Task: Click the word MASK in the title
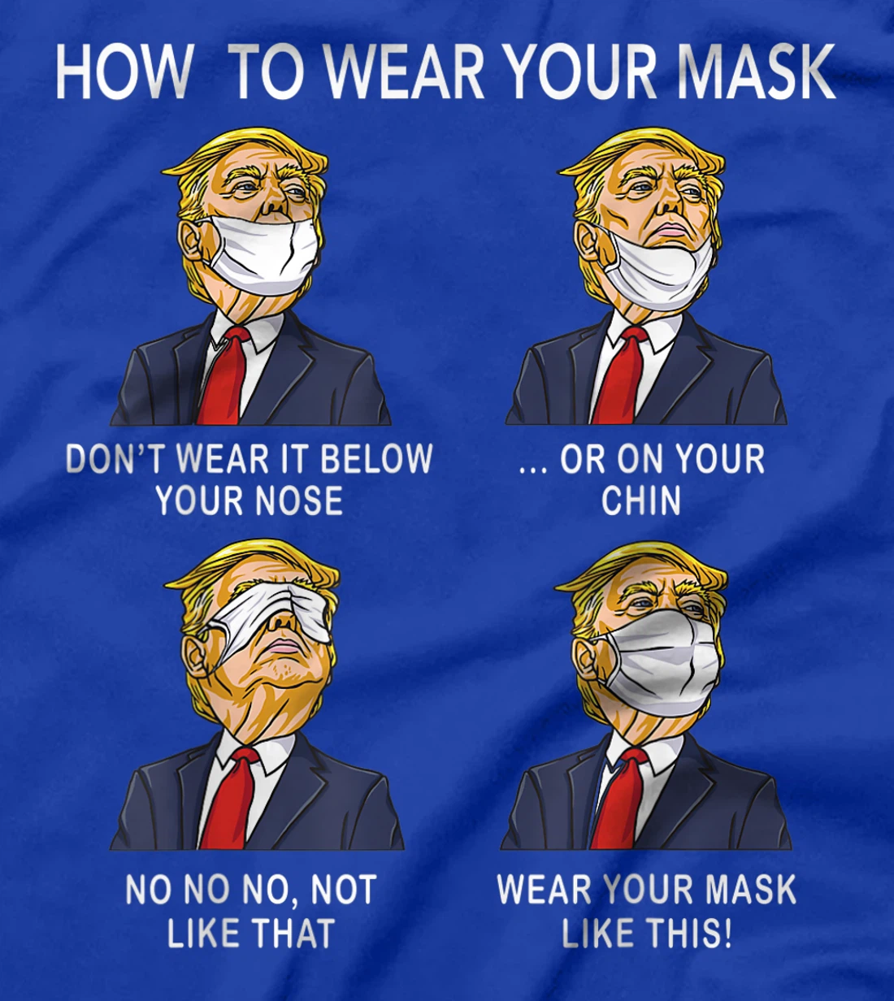pos(756,71)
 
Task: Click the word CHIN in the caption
pos(641,500)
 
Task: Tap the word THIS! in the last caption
pos(690,933)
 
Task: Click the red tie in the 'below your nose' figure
pos(224,378)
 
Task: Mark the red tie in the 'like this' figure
pos(619,800)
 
